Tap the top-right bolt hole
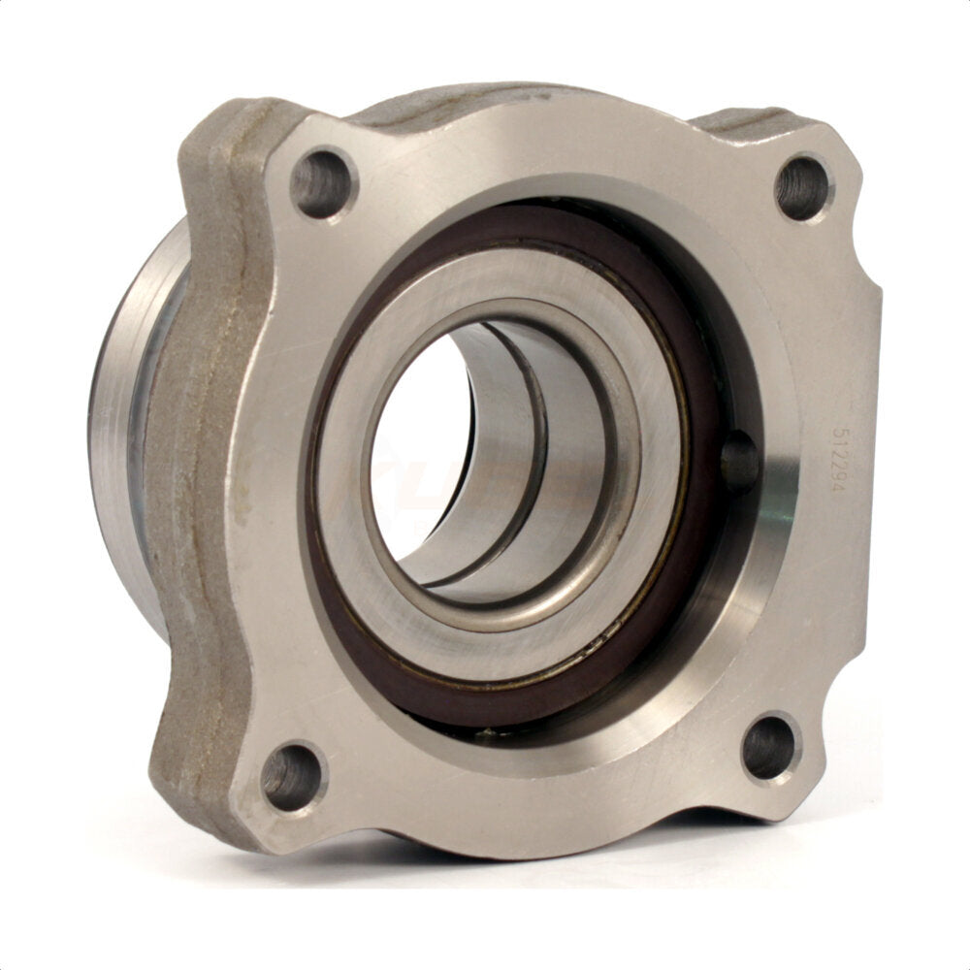click(x=803, y=187)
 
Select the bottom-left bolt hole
click(x=292, y=775)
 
